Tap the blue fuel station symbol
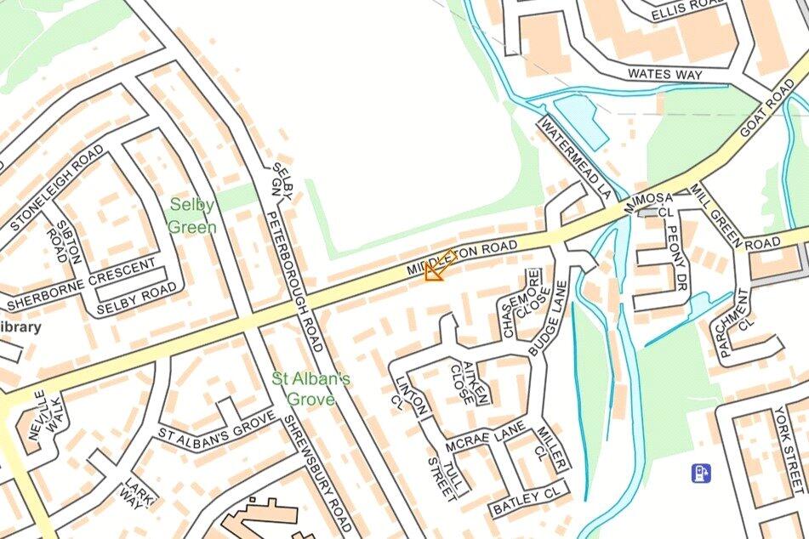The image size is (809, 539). (x=701, y=473)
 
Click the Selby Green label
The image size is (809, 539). (x=192, y=216)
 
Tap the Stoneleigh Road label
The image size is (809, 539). (x=58, y=189)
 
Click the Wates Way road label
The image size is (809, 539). (x=665, y=75)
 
